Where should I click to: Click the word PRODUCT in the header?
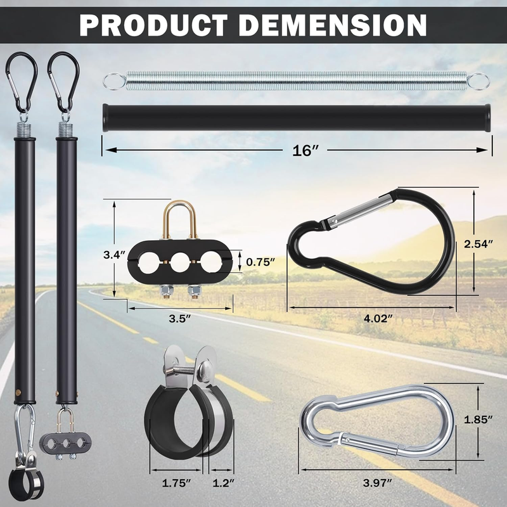tap(153, 25)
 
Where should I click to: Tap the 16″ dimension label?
tap(305, 150)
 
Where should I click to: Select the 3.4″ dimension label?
tap(114, 255)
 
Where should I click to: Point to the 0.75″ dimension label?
tap(260, 262)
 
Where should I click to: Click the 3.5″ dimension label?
tap(180, 319)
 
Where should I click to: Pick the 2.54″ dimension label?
tap(478, 244)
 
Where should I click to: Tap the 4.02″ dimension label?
tap(378, 319)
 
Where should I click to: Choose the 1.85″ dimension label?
tap(478, 420)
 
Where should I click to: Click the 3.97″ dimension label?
tap(377, 483)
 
